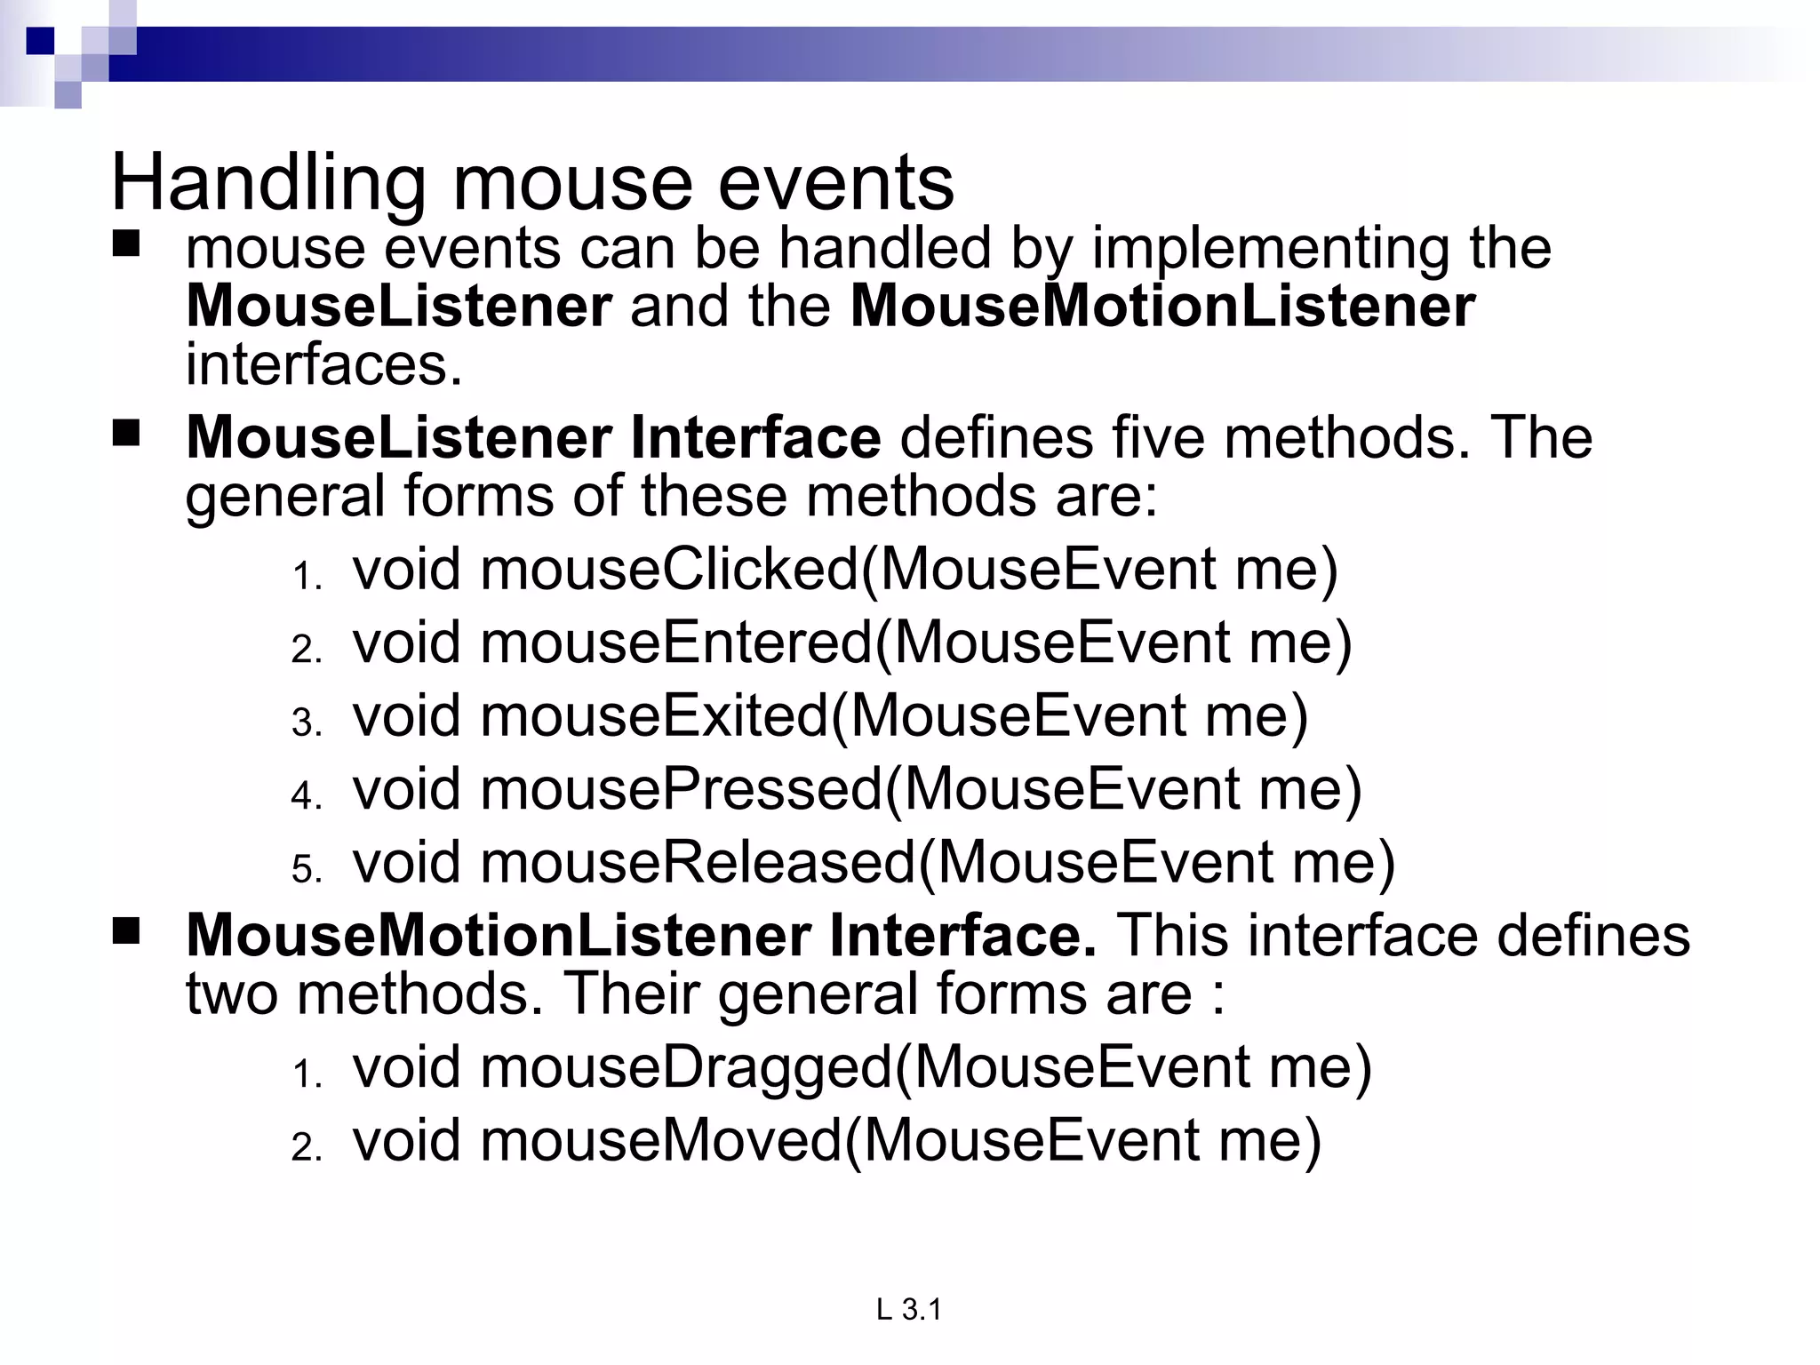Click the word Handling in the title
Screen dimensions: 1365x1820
pos(267,183)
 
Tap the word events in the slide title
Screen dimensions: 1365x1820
pos(835,183)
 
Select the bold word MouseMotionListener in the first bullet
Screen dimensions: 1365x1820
pos(1162,307)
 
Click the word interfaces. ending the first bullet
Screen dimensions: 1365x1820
pos(324,364)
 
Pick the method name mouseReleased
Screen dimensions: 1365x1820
pos(698,862)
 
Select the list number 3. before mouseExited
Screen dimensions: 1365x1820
pos(307,722)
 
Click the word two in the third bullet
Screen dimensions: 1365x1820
pos(231,994)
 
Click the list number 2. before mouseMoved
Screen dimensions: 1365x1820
pos(307,1147)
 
